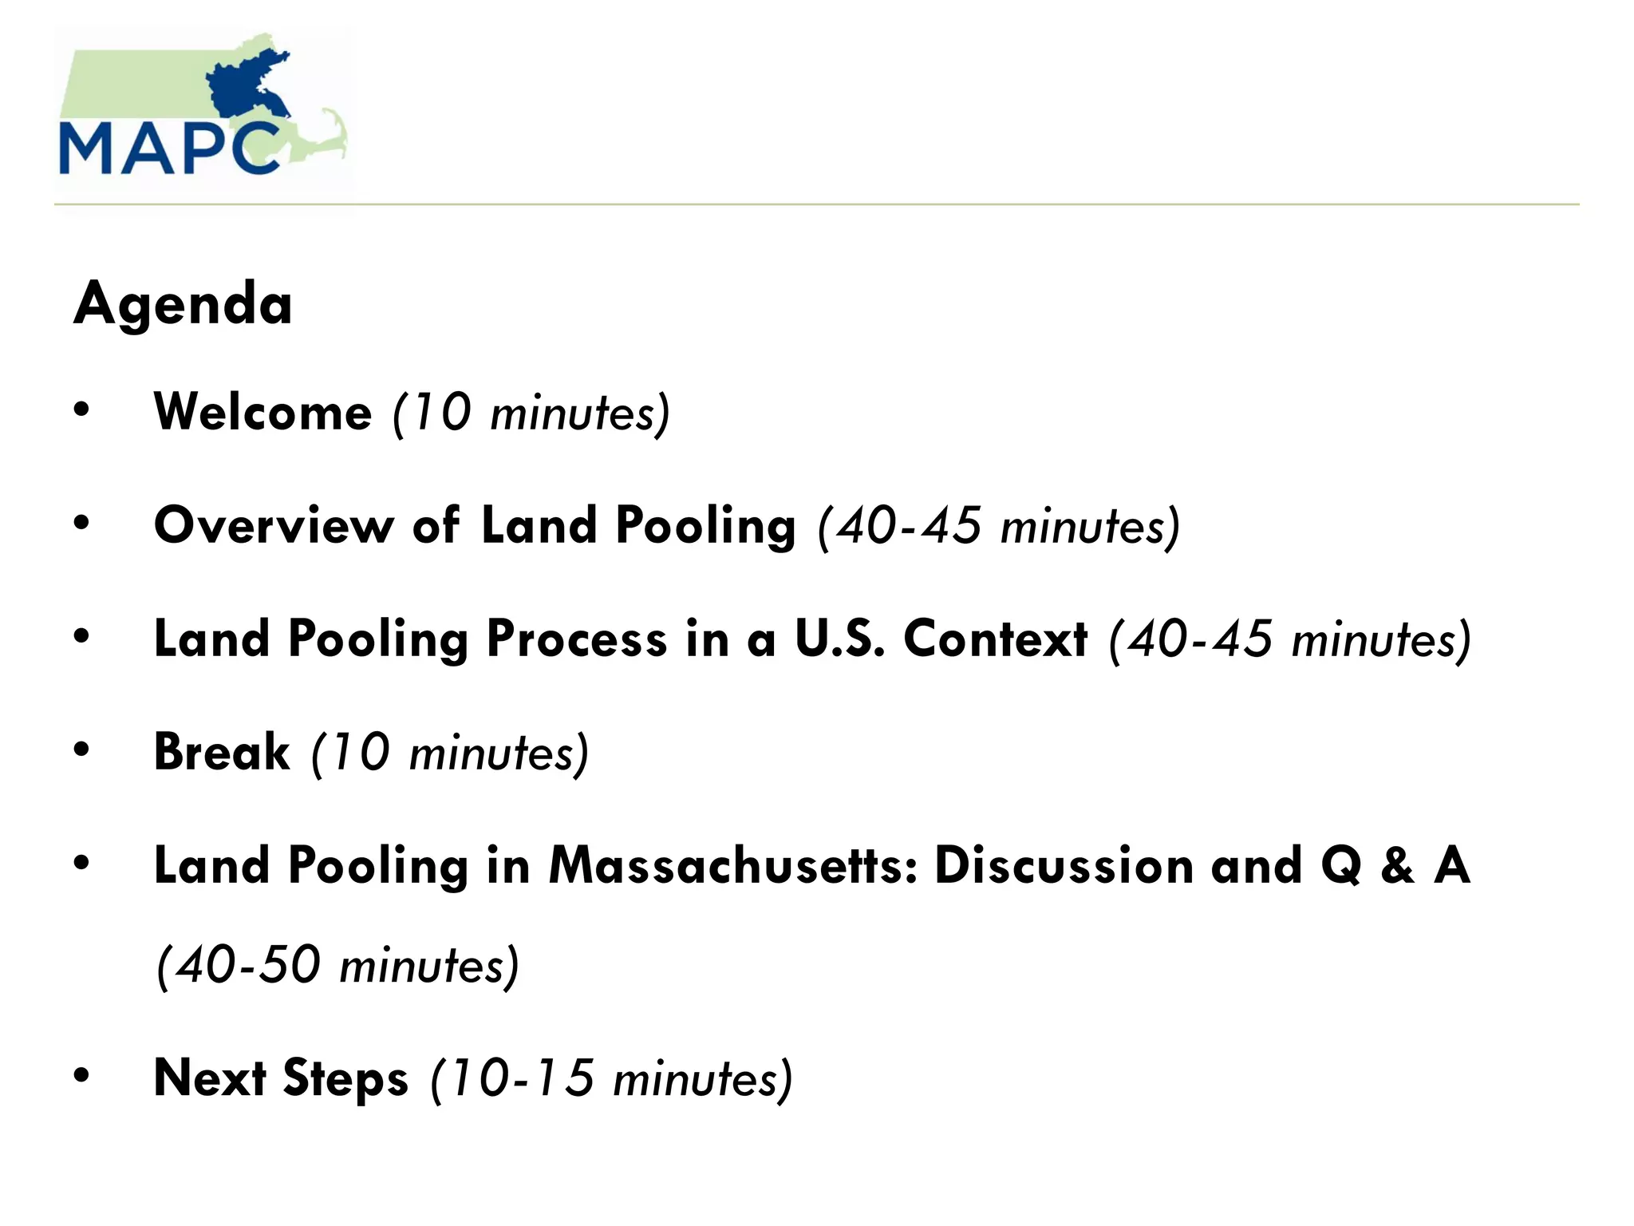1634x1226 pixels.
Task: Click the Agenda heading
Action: pos(183,305)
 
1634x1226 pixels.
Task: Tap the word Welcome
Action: pos(262,413)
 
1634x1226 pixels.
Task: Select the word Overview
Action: pos(274,526)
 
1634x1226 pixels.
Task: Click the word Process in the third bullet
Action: pos(576,639)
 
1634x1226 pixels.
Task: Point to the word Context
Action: pos(995,639)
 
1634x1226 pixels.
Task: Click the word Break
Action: pos(222,753)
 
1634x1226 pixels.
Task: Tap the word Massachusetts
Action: pos(733,866)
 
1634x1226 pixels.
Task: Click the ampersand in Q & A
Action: pos(1398,866)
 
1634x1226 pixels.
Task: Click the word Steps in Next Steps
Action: pos(345,1078)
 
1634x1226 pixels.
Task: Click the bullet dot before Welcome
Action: pos(81,410)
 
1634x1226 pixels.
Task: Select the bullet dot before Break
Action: pos(81,750)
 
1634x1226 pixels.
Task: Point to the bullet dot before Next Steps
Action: pos(81,1076)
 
